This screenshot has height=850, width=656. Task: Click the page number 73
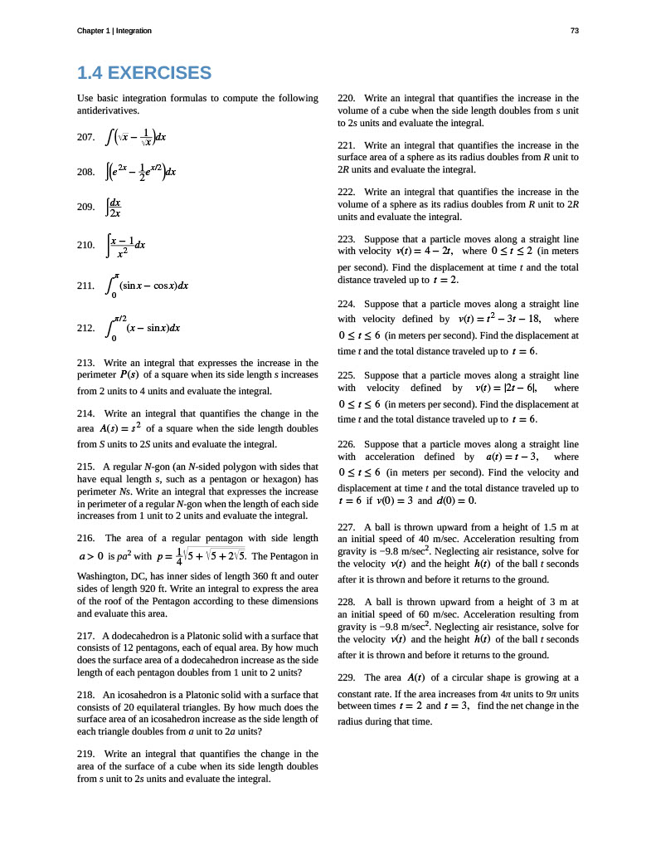pos(575,31)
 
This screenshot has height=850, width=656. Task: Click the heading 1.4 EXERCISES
pos(144,73)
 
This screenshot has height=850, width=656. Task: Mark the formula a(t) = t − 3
pos(509,457)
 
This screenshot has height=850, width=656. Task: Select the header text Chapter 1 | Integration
pos(114,31)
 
